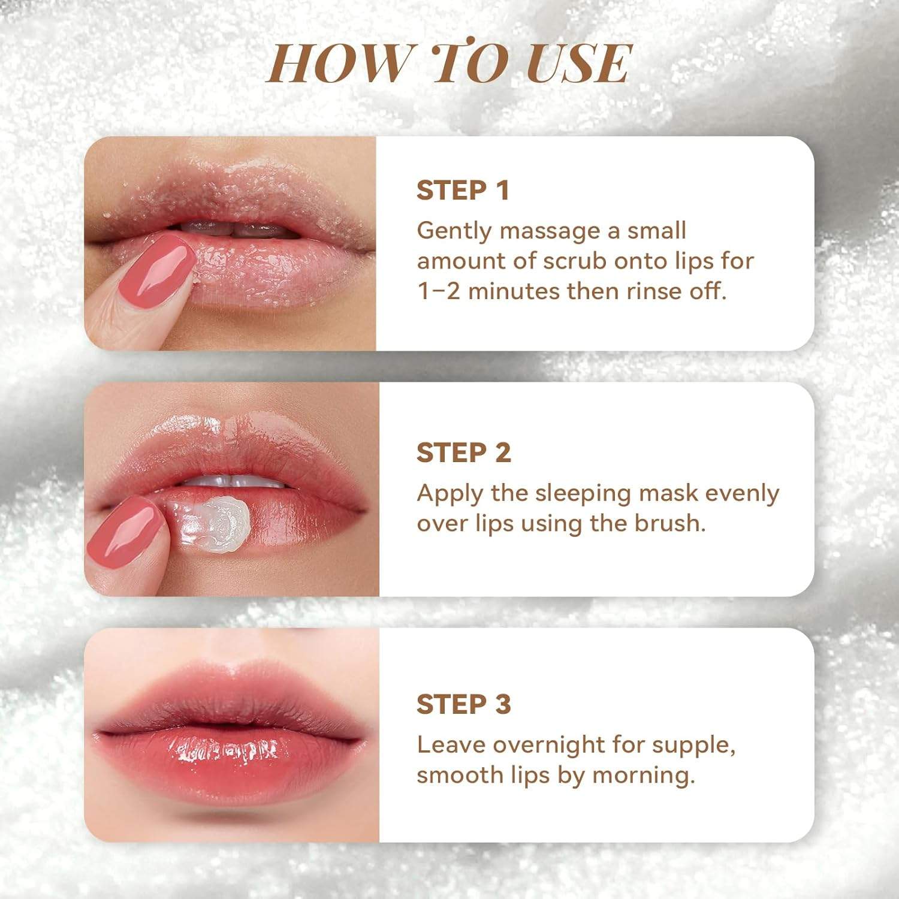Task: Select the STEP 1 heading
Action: (463, 191)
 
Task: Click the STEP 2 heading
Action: (463, 452)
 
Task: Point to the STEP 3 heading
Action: (463, 704)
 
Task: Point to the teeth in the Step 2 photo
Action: (234, 481)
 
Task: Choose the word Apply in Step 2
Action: (450, 494)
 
